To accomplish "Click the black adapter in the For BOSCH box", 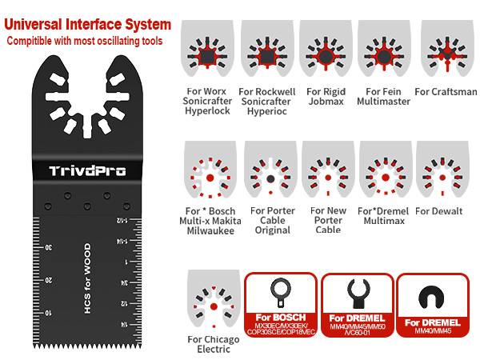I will pyautogui.click(x=281, y=294).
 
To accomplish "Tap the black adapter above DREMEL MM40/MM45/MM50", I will pyautogui.click(x=357, y=294).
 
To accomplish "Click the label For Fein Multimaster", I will pyautogui.click(x=384, y=97).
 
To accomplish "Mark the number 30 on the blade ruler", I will pyautogui.click(x=50, y=246).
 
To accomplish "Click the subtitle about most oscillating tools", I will pyautogui.click(x=85, y=41).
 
